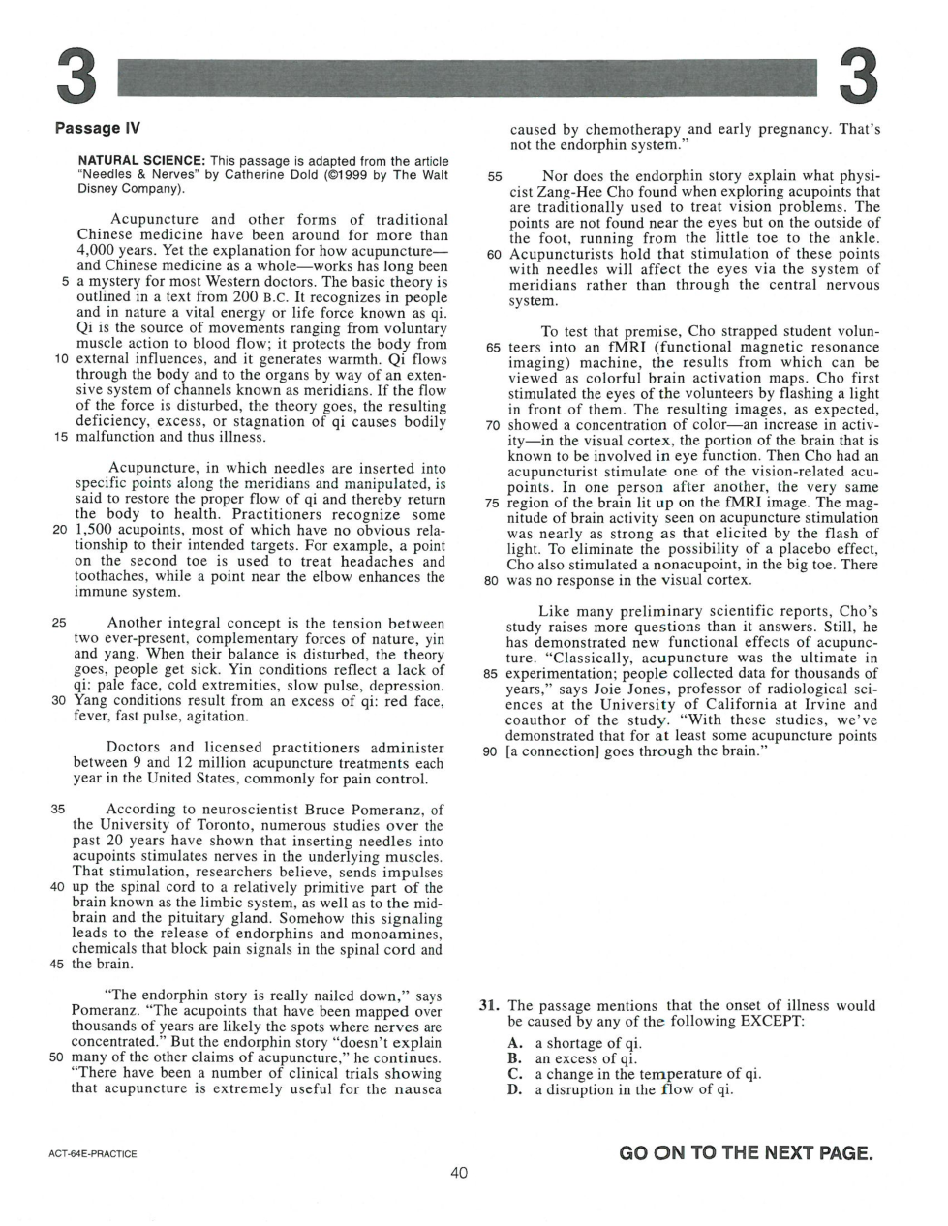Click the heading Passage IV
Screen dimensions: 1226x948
tap(98, 128)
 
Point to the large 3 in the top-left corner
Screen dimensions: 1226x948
tap(76, 77)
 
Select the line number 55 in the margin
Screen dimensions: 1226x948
tap(495, 177)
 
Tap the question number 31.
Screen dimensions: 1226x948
tap(489, 1006)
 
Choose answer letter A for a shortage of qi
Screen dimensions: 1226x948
tap(514, 1043)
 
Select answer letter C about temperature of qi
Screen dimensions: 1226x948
tap(514, 1074)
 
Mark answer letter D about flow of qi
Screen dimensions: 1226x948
tap(514, 1089)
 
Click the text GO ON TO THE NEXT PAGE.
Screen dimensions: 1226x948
tap(746, 1152)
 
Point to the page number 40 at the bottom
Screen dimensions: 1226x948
tap(459, 1173)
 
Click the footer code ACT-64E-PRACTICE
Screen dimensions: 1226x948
tap(92, 1154)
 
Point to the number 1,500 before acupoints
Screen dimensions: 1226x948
tap(94, 531)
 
